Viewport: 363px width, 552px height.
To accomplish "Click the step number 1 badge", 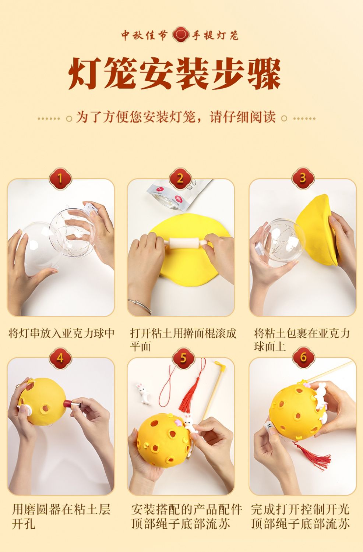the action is tap(60, 178).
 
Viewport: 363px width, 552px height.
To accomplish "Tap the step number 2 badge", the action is tap(180, 178).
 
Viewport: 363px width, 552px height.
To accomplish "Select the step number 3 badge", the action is tap(303, 178).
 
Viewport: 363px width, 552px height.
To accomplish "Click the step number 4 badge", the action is tap(60, 358).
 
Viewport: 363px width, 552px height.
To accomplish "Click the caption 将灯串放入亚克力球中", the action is tap(61, 333).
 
